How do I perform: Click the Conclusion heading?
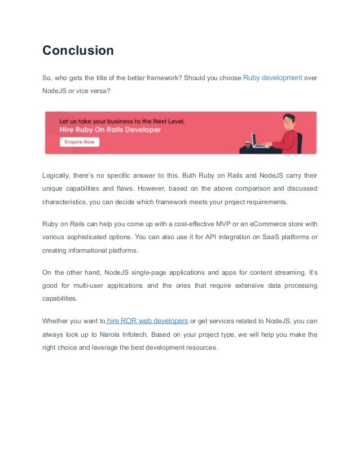(x=78, y=50)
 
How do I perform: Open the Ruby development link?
(x=273, y=78)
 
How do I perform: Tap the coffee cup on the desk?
(x=248, y=144)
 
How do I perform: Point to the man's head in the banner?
(x=288, y=120)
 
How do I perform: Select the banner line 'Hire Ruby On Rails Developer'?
(x=110, y=130)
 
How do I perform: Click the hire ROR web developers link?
(x=147, y=321)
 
